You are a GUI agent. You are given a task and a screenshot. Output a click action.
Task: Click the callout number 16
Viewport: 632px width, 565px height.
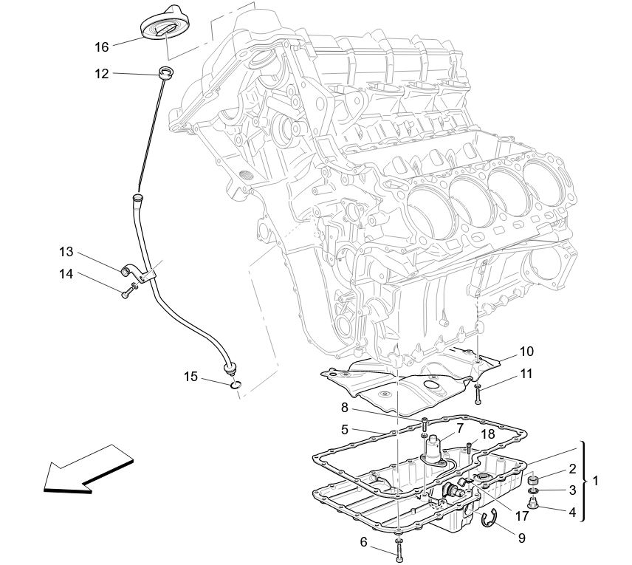coord(101,47)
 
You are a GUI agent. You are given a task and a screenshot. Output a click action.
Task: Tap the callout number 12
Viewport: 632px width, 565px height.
coord(101,73)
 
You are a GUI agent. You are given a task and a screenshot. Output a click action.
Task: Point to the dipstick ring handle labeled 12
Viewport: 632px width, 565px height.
coord(168,72)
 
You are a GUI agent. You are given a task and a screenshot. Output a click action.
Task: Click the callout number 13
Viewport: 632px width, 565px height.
coord(66,251)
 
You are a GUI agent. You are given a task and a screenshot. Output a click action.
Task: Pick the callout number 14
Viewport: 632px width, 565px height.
coord(66,274)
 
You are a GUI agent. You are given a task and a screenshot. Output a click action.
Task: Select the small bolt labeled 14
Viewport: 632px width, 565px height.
coord(126,292)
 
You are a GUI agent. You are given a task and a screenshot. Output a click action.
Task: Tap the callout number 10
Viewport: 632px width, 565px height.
coord(526,352)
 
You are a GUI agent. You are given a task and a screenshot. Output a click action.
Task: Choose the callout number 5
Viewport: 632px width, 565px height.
coord(345,428)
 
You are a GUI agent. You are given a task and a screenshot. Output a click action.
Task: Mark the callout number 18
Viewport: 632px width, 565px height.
coord(488,434)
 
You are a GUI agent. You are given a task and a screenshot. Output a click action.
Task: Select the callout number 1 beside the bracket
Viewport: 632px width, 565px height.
coord(597,481)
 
